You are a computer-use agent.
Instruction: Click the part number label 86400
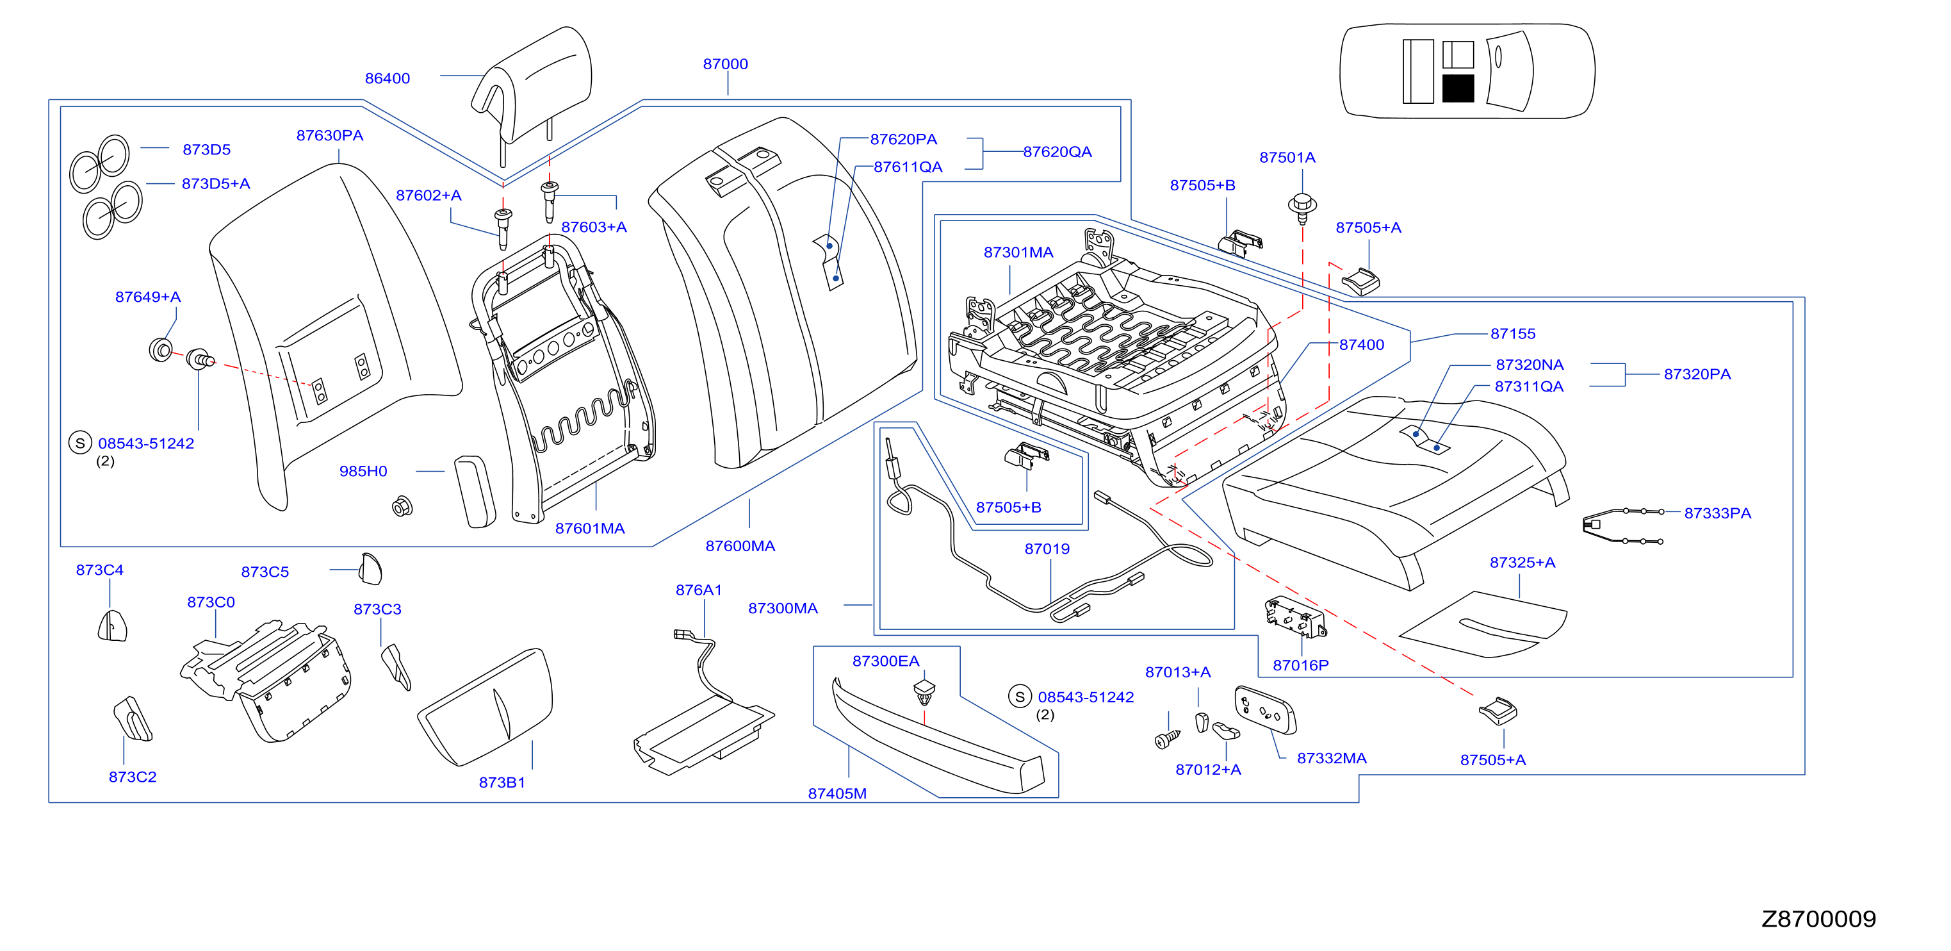pyautogui.click(x=387, y=78)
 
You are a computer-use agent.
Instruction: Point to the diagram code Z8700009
pyautogui.click(x=1818, y=918)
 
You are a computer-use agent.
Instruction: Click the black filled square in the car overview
pyautogui.click(x=1458, y=88)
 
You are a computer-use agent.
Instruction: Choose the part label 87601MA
pyautogui.click(x=590, y=528)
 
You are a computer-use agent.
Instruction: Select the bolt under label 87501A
pyautogui.click(x=1302, y=208)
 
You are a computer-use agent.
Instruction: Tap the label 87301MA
pyautogui.click(x=1018, y=252)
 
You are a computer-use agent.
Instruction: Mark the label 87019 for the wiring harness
pyautogui.click(x=1047, y=548)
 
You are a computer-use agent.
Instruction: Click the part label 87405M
pyautogui.click(x=837, y=793)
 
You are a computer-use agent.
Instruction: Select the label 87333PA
pyautogui.click(x=1717, y=513)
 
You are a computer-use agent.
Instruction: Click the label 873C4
pyautogui.click(x=99, y=570)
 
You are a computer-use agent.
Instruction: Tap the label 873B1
pyautogui.click(x=502, y=782)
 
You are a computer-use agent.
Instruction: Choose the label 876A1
pyautogui.click(x=698, y=590)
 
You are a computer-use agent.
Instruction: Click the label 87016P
pyautogui.click(x=1300, y=665)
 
